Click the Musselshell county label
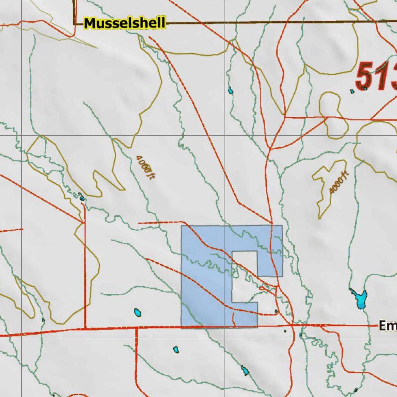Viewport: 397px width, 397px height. click(x=124, y=23)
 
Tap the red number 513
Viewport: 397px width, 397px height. click(x=376, y=77)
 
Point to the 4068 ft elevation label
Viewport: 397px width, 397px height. click(x=145, y=167)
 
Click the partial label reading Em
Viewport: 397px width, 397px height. click(x=387, y=326)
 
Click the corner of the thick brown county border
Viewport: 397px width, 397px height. click(x=74, y=24)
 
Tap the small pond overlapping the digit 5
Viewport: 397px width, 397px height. click(x=365, y=88)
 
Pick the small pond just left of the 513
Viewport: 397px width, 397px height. click(x=352, y=91)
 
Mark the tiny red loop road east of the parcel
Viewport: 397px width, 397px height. click(x=262, y=288)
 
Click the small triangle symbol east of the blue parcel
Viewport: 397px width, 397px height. click(x=276, y=311)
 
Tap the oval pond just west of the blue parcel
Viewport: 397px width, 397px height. click(x=137, y=312)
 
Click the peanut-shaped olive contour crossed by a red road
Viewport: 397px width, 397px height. click(x=333, y=115)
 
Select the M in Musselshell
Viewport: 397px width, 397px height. click(x=90, y=23)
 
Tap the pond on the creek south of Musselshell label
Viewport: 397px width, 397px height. click(x=231, y=91)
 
